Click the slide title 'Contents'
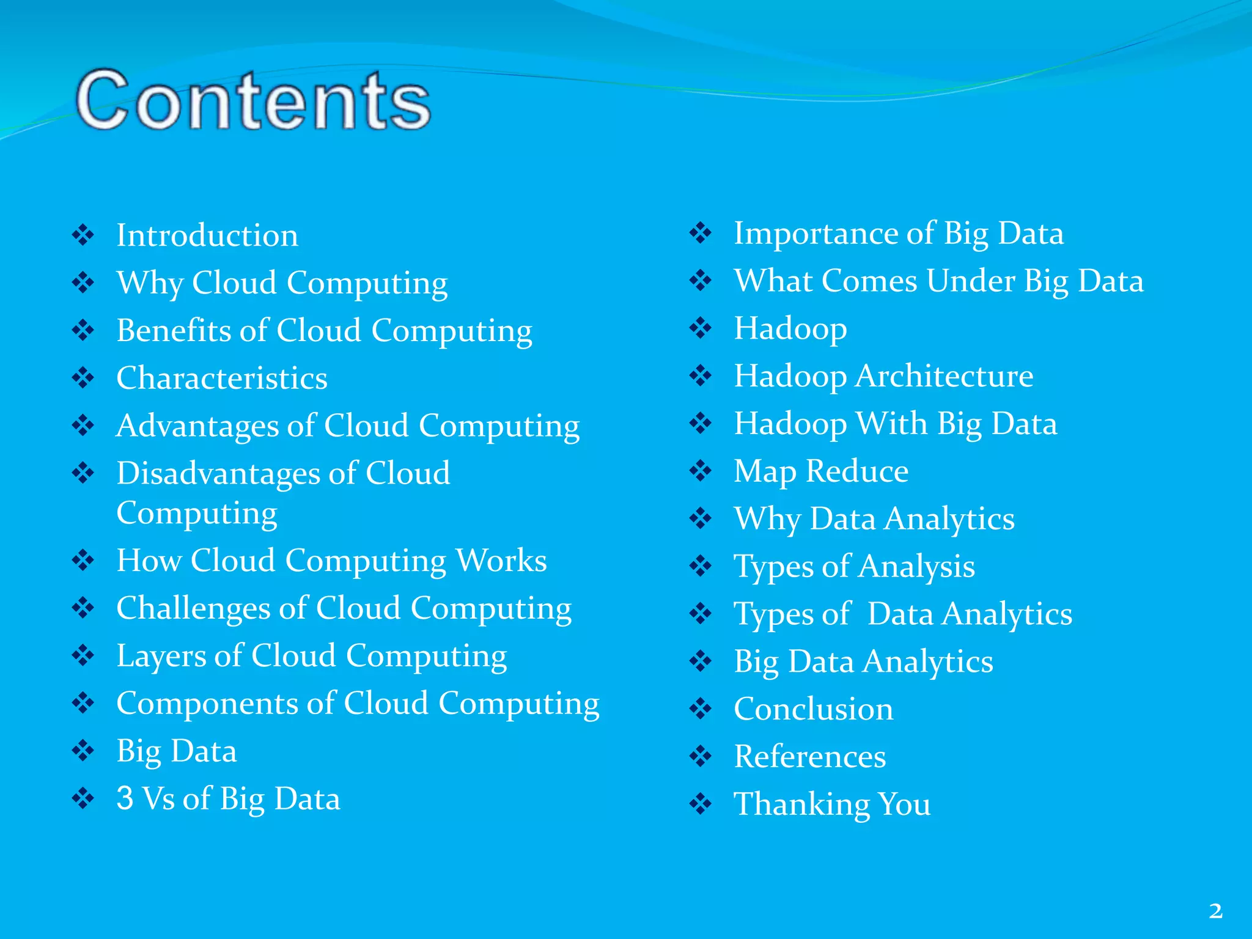253,100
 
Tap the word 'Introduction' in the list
207,235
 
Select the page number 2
1215,911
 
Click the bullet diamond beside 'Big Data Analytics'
701,661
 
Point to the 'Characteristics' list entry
222,378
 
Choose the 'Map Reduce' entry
821,471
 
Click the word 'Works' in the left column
501,561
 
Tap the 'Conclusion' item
813,709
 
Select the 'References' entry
810,757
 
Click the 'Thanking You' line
832,804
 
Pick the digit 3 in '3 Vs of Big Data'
125,798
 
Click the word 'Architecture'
945,376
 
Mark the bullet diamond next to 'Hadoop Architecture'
701,375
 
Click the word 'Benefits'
173,331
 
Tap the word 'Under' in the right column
970,281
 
